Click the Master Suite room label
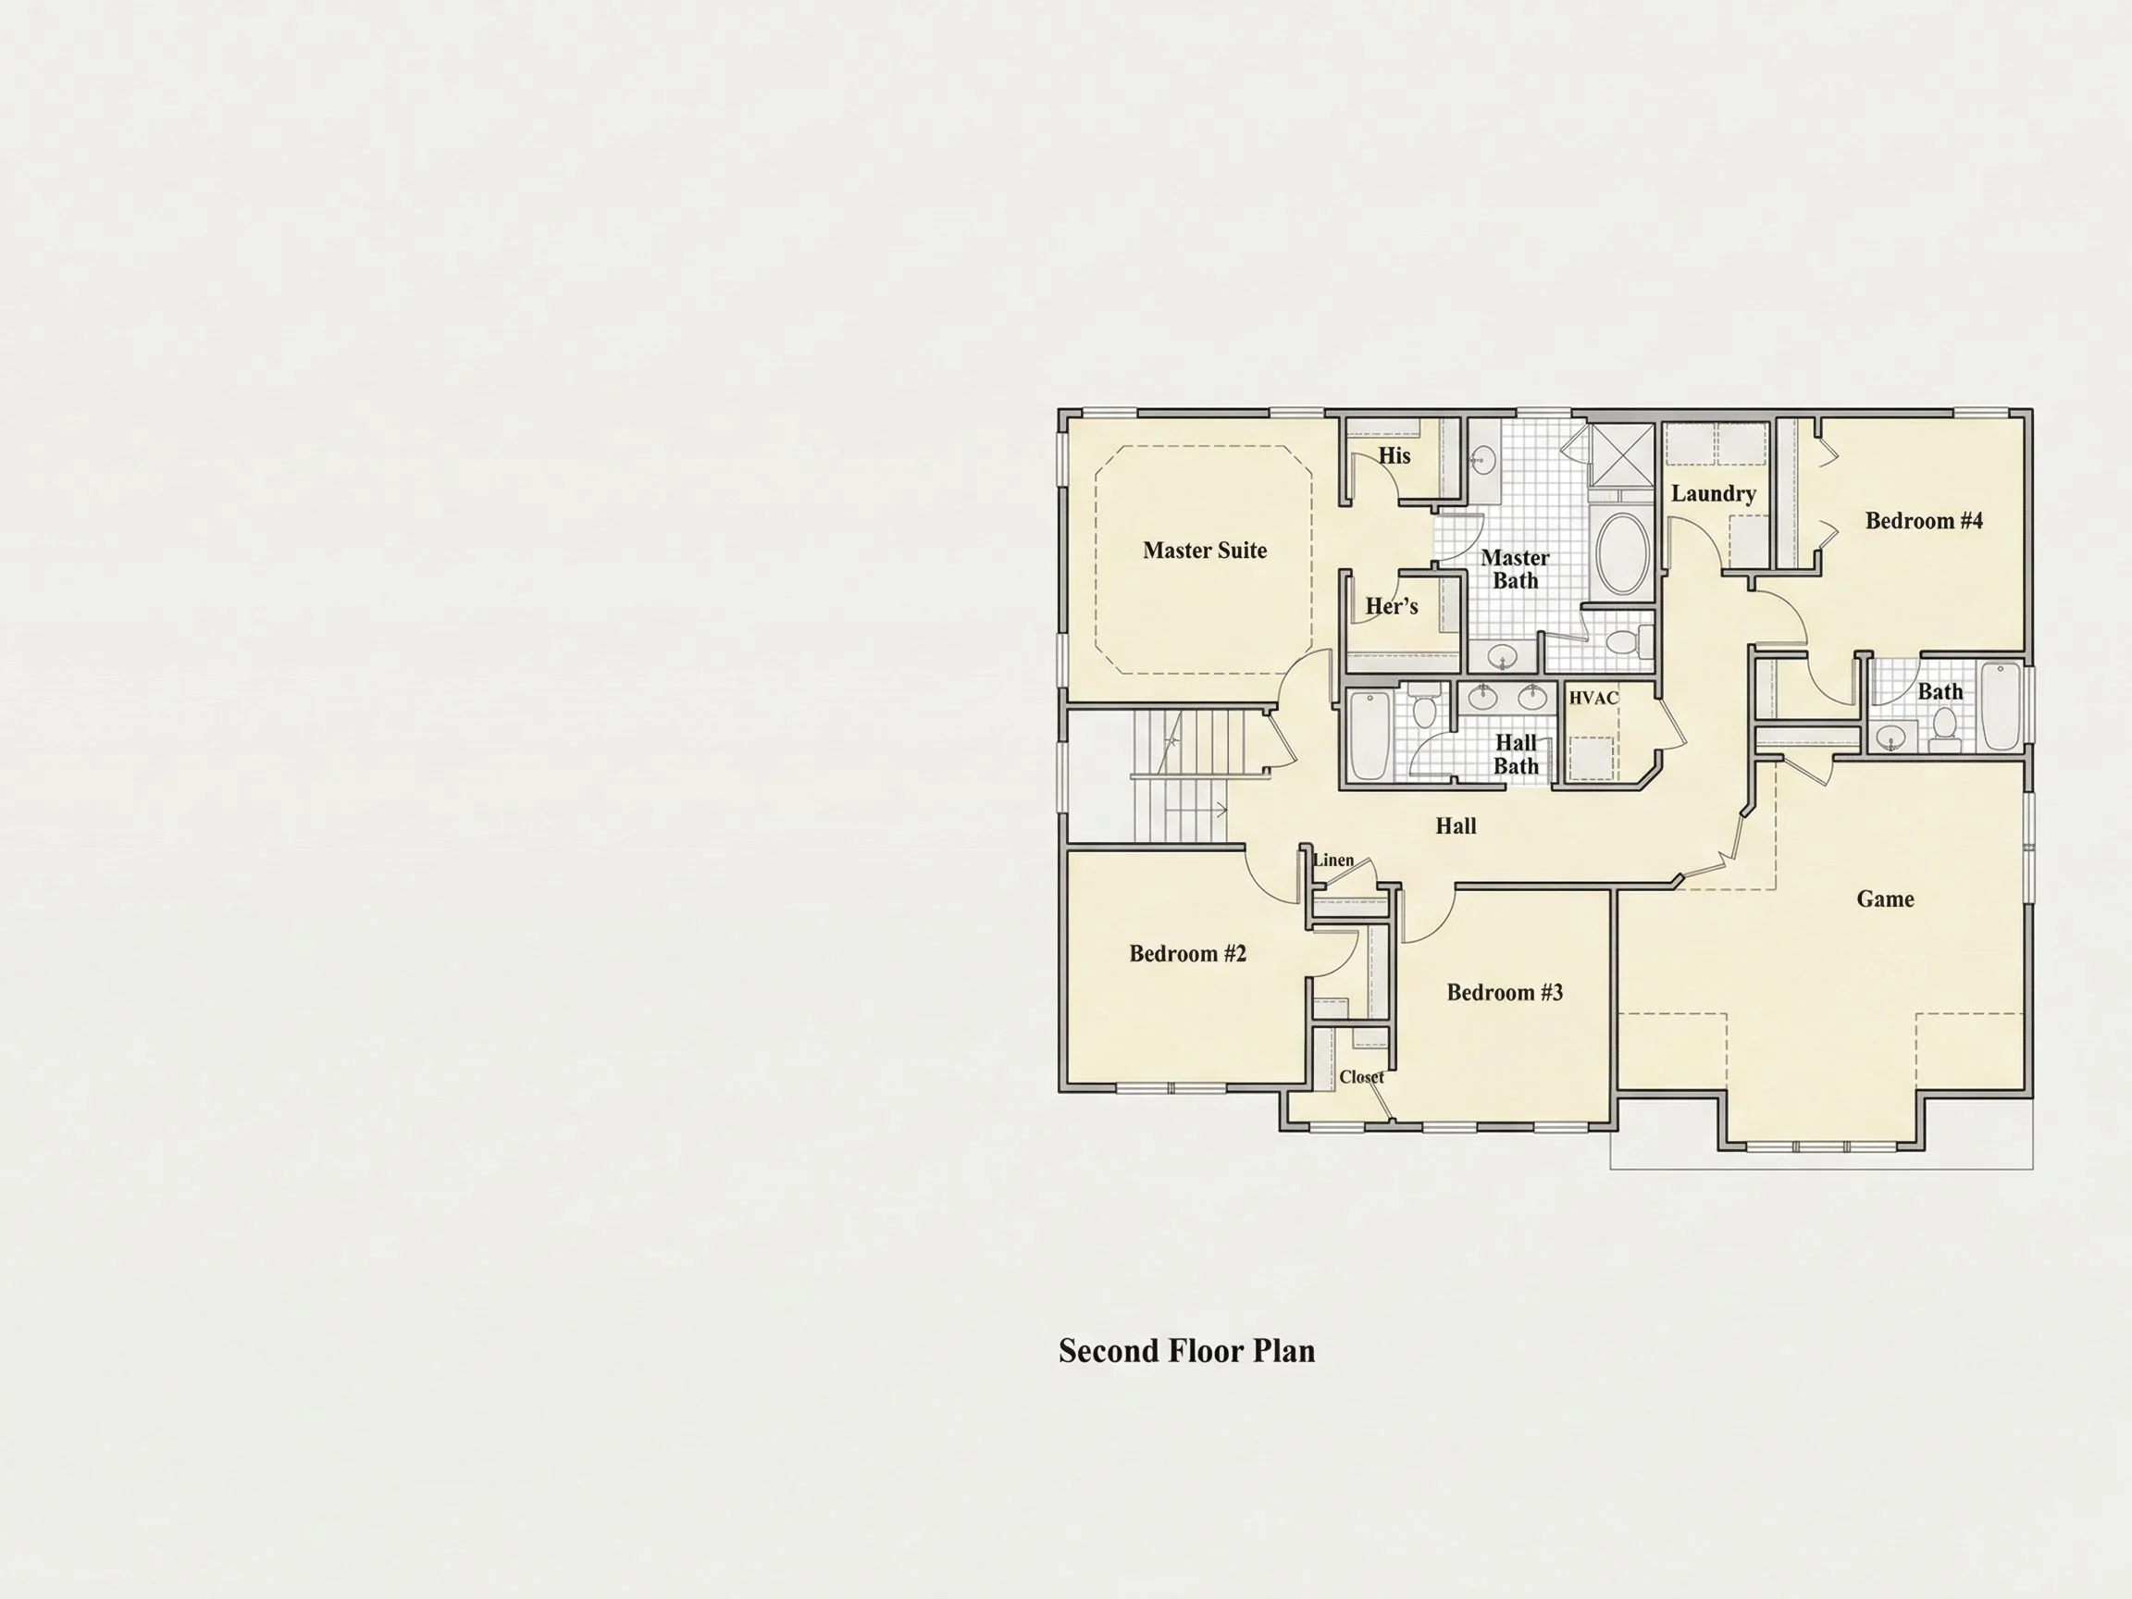(x=1205, y=551)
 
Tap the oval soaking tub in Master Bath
(x=1623, y=553)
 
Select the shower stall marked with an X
(x=1621, y=456)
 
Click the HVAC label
(x=1593, y=698)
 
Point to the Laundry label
(x=1713, y=493)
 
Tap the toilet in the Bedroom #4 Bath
(x=1944, y=729)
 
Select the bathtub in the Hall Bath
(x=1368, y=736)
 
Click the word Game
(x=1885, y=899)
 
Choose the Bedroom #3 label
(x=1505, y=993)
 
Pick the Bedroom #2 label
(x=1187, y=954)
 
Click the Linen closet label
(x=1334, y=860)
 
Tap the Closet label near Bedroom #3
(x=1361, y=1076)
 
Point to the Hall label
(x=1456, y=826)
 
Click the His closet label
(x=1394, y=456)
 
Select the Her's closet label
(x=1392, y=606)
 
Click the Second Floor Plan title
(x=1186, y=1351)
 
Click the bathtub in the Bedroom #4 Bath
(x=2001, y=705)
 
